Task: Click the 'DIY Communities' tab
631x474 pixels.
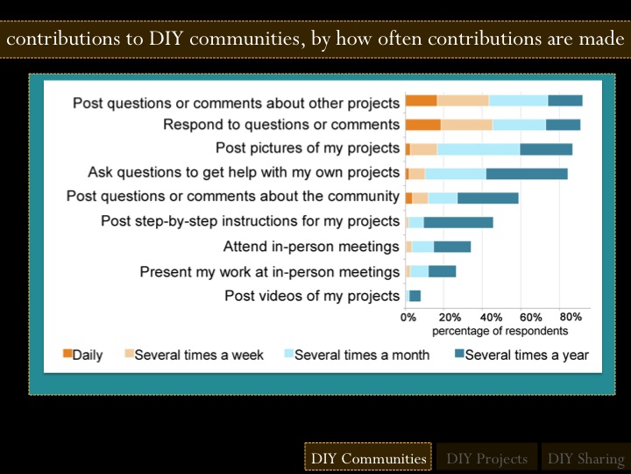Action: click(x=368, y=458)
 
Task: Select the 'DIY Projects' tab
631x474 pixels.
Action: click(x=486, y=458)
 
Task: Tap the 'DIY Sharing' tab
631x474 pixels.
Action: click(x=585, y=458)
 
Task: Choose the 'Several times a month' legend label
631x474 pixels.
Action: click(x=362, y=355)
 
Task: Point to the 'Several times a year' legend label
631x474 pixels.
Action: click(x=527, y=355)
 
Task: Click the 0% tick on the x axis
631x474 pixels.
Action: click(x=408, y=317)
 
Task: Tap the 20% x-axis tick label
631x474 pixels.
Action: click(x=450, y=317)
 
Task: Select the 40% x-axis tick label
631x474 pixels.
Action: click(x=491, y=317)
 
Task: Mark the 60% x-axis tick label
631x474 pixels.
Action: click(x=531, y=317)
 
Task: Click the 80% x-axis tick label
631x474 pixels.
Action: click(x=571, y=317)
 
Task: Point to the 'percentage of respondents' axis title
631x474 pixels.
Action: click(x=500, y=331)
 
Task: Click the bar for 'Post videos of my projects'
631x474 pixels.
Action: click(x=415, y=296)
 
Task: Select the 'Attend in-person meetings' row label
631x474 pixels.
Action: click(x=311, y=247)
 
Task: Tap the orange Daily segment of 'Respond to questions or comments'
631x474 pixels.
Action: click(x=422, y=125)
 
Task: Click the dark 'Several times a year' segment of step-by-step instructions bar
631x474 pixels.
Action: click(x=458, y=222)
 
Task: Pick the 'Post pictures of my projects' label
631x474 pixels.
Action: click(x=307, y=148)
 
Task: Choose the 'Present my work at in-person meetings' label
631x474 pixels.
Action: click(x=269, y=271)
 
